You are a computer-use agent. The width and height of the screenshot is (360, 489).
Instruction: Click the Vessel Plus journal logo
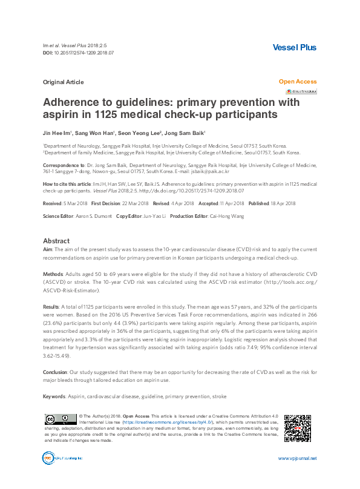295,47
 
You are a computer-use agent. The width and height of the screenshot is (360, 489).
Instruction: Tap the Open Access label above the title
297,81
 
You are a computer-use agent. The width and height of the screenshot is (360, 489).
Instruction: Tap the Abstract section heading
56,240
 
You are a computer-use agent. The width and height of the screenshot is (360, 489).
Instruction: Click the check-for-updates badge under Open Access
301,91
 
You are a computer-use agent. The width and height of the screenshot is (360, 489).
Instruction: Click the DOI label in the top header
48,53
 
